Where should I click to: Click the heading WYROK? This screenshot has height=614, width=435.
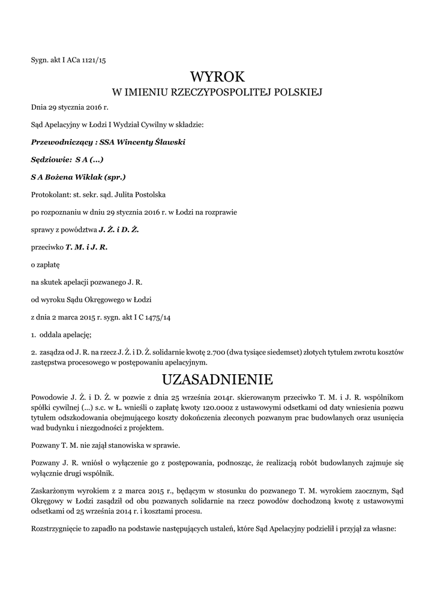(x=217, y=77)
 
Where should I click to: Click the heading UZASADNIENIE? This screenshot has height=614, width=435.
(x=217, y=380)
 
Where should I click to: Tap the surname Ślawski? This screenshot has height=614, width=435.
(x=168, y=143)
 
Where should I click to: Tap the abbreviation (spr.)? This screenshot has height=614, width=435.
(x=115, y=177)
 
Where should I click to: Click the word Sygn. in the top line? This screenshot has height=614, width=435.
(x=40, y=60)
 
